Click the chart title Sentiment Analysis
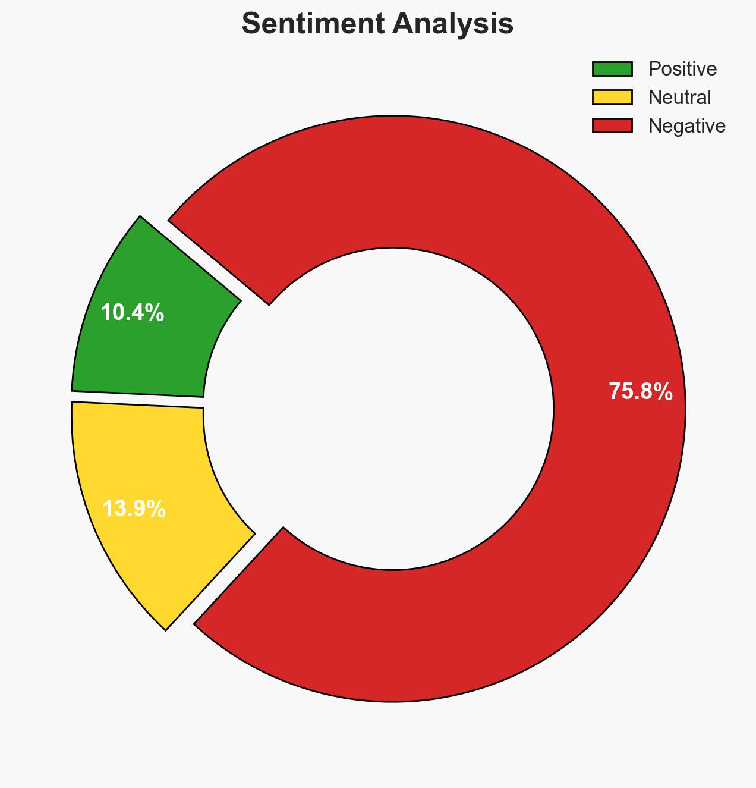(x=377, y=24)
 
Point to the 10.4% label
(x=132, y=312)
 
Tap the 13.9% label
(x=134, y=508)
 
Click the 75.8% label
(x=641, y=391)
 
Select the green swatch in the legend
(x=612, y=69)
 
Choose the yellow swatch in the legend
(x=612, y=97)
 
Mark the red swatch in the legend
(x=612, y=125)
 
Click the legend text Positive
(x=682, y=69)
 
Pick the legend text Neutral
(x=679, y=97)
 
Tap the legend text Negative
(x=686, y=125)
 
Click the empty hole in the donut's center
(x=392, y=409)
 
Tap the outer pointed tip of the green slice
(x=140, y=218)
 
